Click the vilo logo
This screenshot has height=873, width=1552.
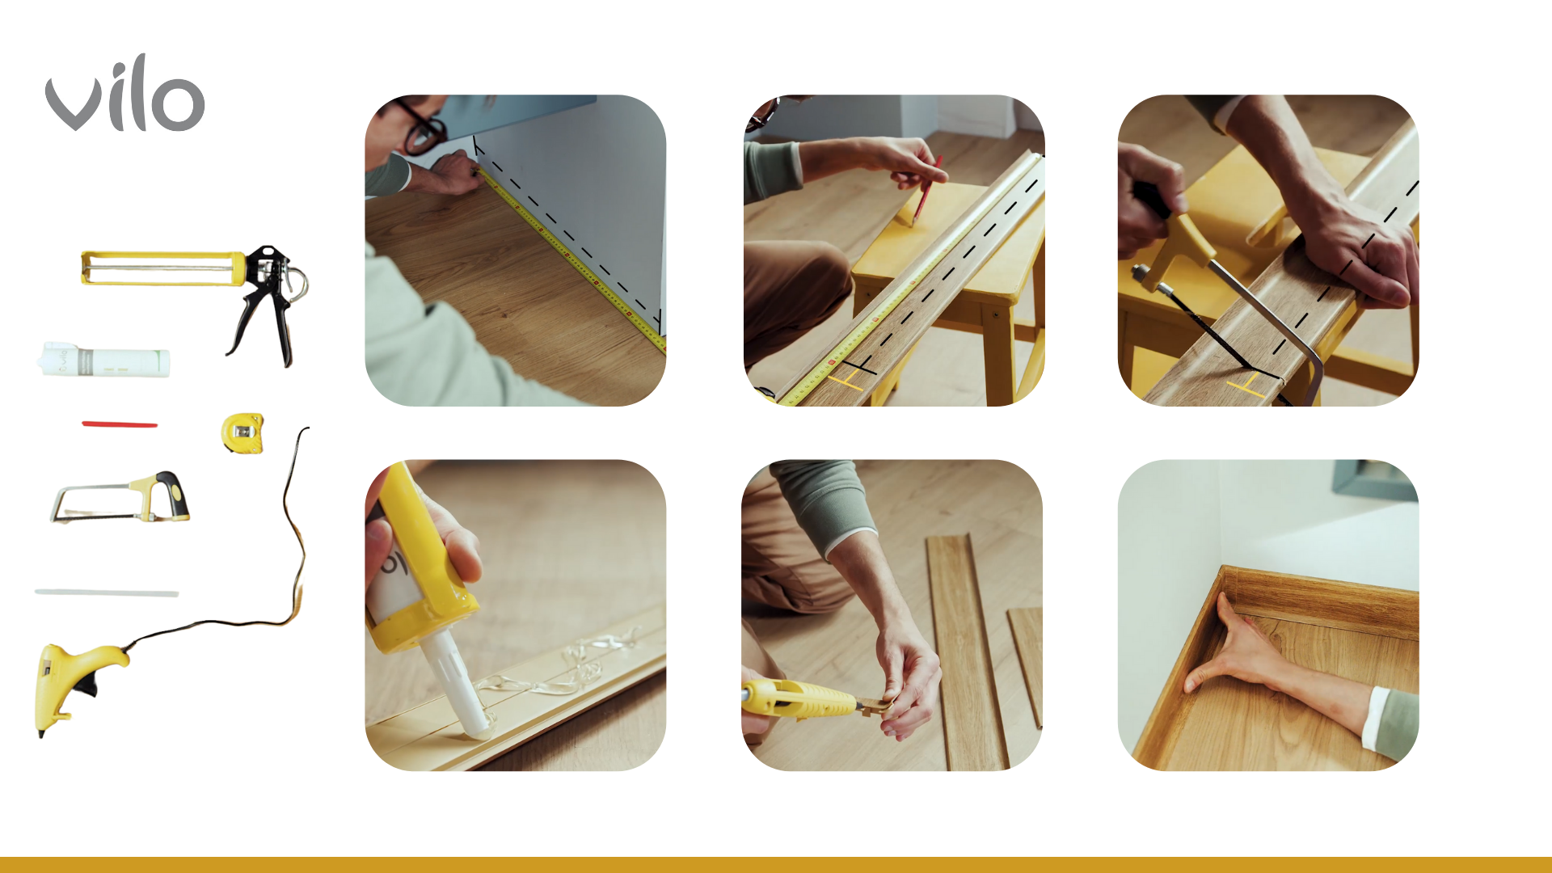point(124,94)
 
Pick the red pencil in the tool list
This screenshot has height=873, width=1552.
point(120,424)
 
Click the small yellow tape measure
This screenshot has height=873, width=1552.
point(242,433)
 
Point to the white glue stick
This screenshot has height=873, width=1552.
point(107,593)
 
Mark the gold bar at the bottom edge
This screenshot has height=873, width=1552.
point(776,865)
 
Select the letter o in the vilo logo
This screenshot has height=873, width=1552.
point(178,103)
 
